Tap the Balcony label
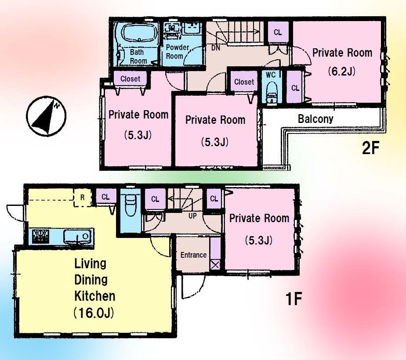point(315,119)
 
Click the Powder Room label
point(177,52)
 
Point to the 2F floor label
point(370,149)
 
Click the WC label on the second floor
point(271,75)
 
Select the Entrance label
point(193,255)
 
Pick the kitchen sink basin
point(77,237)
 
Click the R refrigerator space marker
point(82,197)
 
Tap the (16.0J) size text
point(94,313)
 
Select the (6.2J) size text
point(341,71)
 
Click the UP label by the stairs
point(192,216)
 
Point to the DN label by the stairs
point(215,48)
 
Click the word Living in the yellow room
point(91,264)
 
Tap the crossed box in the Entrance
point(215,265)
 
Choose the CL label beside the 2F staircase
point(278,32)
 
